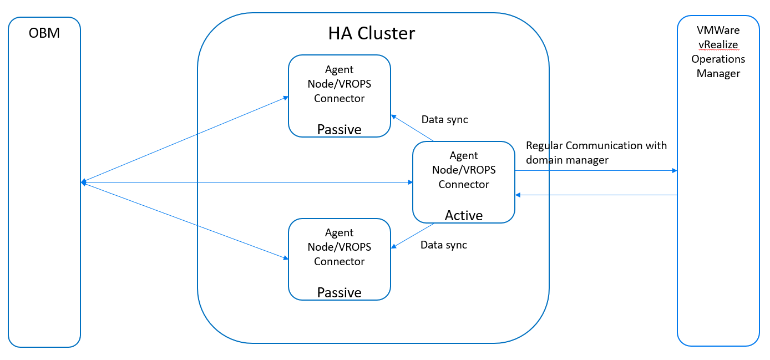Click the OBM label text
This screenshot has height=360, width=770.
44,33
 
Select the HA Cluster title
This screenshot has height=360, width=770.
371,33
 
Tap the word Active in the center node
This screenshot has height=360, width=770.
463,215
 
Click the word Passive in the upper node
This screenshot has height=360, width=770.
339,129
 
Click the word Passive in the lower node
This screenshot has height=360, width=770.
339,292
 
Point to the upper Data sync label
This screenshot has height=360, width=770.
444,119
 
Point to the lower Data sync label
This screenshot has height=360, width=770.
443,245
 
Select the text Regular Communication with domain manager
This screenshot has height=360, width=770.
596,153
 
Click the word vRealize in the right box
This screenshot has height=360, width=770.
718,44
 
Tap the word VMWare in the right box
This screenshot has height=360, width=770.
718,30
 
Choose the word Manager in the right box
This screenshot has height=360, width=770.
718,73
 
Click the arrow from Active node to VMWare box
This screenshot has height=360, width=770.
596,171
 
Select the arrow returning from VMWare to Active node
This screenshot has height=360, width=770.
596,195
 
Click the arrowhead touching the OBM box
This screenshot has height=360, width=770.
83,182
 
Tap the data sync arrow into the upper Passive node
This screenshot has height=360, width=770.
412,128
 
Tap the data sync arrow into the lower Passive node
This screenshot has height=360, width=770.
412,236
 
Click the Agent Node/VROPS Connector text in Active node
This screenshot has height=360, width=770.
463,170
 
